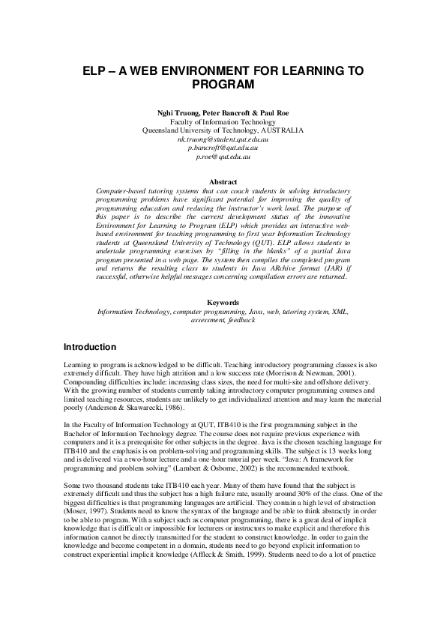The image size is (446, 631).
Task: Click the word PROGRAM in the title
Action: pos(223,86)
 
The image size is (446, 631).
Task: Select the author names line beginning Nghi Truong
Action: pos(223,112)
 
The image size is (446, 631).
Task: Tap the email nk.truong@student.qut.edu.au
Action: pos(223,139)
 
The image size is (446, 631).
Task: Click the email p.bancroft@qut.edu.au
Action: pos(223,148)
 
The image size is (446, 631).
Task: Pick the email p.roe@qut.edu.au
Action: pos(223,157)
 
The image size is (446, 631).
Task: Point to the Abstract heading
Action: pos(223,182)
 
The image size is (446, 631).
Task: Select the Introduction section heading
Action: pos(90,348)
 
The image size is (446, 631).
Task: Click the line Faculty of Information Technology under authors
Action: pos(223,121)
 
